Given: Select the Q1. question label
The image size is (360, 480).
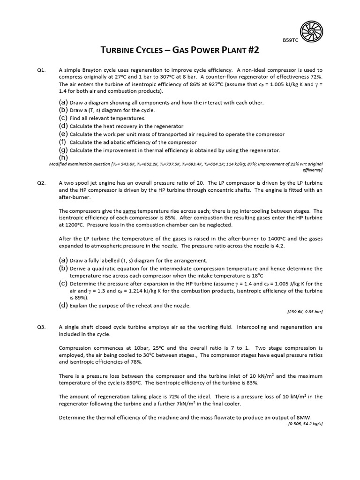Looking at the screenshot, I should (x=41, y=70).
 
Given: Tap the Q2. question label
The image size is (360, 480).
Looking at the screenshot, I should (x=41, y=183).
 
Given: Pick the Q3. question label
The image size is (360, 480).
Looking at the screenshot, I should (x=41, y=327).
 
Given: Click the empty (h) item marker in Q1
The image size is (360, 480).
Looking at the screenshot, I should (x=63, y=157).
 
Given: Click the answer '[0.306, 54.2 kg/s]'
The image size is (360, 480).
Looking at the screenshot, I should (x=305, y=424).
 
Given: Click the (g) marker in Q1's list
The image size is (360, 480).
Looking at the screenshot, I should (x=63, y=150).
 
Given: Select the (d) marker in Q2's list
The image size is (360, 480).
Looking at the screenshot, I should (x=63, y=305).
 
